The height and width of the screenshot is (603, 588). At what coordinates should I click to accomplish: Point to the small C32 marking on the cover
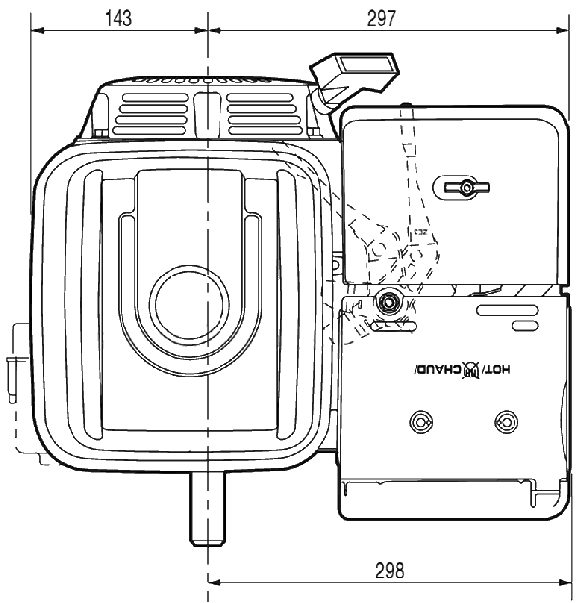pyautogui.click(x=420, y=233)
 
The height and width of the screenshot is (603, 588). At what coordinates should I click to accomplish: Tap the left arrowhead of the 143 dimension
pyautogui.click(x=36, y=30)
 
